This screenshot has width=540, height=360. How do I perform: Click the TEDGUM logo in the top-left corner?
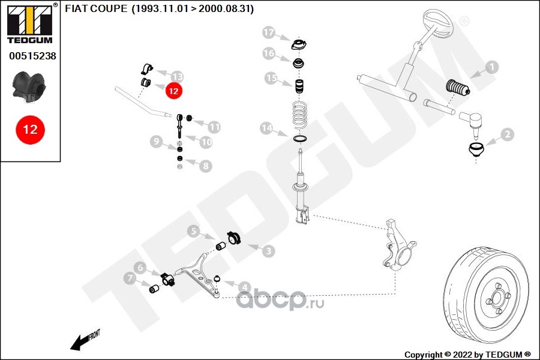(30, 23)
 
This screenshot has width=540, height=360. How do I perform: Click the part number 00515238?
(32, 56)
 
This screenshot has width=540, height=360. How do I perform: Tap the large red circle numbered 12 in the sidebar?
(31, 130)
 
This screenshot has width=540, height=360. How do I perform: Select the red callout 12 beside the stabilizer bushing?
(173, 91)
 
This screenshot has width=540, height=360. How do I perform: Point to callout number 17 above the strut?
(269, 33)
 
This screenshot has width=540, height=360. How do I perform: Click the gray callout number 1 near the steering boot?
(492, 67)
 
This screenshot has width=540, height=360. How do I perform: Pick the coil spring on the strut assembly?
(299, 115)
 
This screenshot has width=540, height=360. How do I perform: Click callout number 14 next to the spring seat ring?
(266, 128)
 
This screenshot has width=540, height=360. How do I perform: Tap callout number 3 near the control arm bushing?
(269, 251)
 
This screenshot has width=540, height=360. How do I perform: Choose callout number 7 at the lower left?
(130, 278)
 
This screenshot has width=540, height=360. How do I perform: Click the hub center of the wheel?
(497, 297)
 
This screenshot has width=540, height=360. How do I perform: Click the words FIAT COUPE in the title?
(96, 8)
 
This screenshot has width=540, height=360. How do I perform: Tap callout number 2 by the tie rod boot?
(508, 134)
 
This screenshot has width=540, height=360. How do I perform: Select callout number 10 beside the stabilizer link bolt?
(206, 142)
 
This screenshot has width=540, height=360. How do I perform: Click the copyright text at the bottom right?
(467, 355)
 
